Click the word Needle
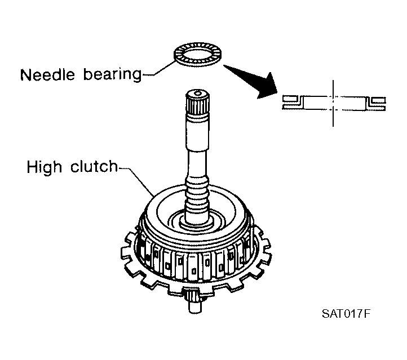[x=47, y=75]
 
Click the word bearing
[x=112, y=75]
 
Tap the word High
[x=44, y=167]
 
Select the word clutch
[x=94, y=166]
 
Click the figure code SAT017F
[x=346, y=314]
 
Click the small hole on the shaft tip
[x=198, y=93]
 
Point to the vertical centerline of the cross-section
[x=333, y=103]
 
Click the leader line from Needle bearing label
[x=159, y=69]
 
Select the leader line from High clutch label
[x=136, y=181]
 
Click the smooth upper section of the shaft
[x=197, y=132]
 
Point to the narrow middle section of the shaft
[x=197, y=164]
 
